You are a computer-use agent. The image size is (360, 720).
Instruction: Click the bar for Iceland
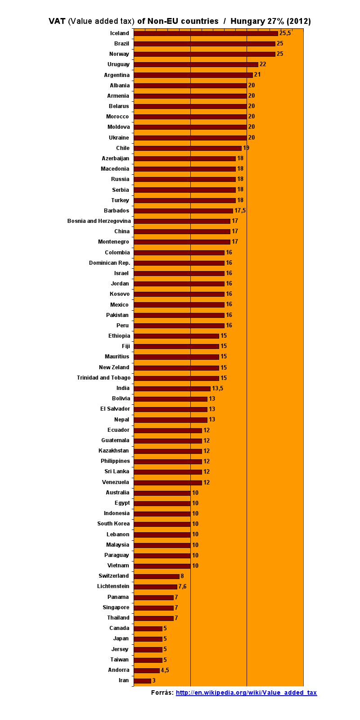tap(206, 33)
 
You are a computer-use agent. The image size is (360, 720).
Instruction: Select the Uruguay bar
tap(196, 64)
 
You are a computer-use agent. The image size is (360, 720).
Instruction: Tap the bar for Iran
tap(142, 680)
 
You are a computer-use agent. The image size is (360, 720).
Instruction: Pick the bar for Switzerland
tap(156, 576)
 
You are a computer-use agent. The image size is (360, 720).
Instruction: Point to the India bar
tap(172, 389)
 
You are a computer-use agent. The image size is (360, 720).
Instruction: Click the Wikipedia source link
tap(246, 693)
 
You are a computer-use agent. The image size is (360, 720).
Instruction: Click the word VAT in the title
tap(57, 21)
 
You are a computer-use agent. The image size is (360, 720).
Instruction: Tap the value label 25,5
tap(285, 33)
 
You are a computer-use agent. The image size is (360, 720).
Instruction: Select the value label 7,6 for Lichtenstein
tap(182, 586)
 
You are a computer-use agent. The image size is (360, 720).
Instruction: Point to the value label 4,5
tap(165, 670)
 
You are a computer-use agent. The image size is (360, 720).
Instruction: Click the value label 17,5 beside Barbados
tap(240, 211)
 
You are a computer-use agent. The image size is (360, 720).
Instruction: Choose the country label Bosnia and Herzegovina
tap(99, 221)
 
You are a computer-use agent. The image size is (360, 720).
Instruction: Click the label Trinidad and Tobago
tap(103, 378)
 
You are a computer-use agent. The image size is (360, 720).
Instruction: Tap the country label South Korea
tap(113, 524)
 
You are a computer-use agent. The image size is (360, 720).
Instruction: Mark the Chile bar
tap(187, 148)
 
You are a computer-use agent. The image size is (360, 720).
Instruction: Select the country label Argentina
tap(117, 75)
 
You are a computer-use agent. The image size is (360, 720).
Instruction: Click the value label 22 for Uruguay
tap(263, 64)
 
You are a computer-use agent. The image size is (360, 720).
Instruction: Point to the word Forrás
tap(162, 693)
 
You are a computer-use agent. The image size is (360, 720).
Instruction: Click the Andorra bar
tap(146, 670)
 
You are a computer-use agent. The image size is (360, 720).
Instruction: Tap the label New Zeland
tap(114, 367)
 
